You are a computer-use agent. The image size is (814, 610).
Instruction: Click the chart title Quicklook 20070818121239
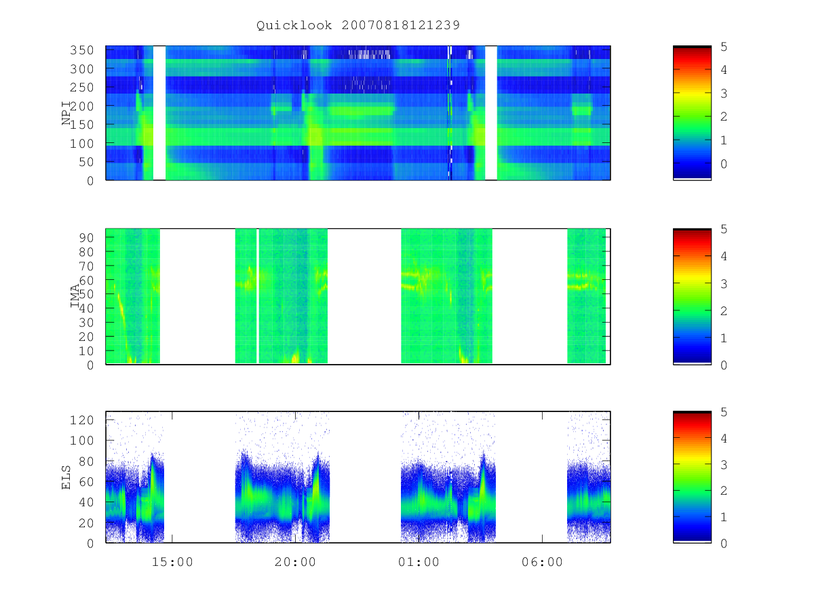(358, 25)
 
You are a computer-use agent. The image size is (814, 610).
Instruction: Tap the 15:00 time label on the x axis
(172, 562)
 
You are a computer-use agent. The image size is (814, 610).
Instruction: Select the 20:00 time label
(295, 562)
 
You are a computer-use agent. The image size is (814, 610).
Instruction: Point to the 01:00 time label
(419, 562)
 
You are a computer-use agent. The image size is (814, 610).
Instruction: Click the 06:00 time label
(542, 562)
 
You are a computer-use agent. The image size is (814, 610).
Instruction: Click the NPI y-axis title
(66, 113)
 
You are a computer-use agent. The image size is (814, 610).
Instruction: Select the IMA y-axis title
(75, 296)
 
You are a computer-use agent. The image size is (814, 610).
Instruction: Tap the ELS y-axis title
(66, 478)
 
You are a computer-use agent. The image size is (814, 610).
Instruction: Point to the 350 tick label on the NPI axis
(81, 50)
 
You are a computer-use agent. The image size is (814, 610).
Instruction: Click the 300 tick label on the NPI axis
(81, 68)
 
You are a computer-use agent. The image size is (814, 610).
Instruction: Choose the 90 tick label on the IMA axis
(86, 237)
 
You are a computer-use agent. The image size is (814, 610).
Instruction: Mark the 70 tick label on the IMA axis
(86, 266)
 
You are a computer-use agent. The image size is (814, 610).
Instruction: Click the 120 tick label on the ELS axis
(81, 420)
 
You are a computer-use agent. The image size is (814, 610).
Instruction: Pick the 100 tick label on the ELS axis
(81, 441)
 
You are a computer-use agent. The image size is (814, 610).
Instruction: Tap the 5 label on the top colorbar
(724, 47)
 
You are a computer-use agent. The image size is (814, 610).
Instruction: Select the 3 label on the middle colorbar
(724, 284)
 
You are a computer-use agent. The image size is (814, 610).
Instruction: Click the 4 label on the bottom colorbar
(724, 438)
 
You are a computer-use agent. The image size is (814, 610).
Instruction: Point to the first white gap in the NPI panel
(159, 113)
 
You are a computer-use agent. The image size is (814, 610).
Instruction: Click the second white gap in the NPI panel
(491, 113)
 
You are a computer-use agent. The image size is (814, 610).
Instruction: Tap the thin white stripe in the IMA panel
(258, 296)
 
